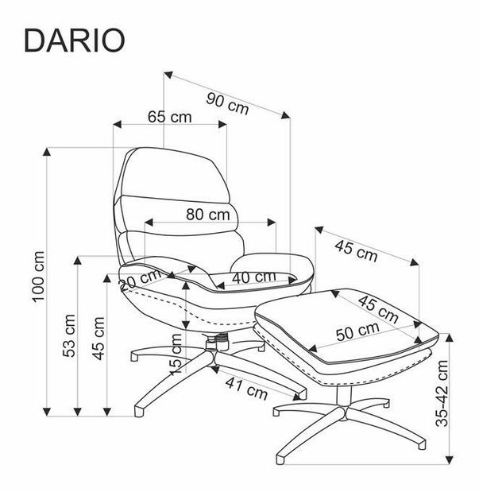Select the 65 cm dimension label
click(169, 117)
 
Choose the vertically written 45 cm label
click(98, 339)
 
